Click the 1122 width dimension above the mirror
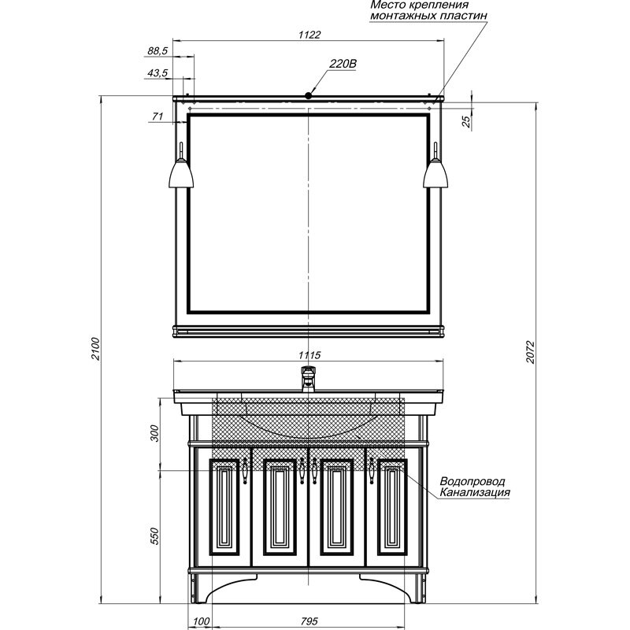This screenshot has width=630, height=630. tap(309, 35)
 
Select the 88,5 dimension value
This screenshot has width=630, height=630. tap(157, 51)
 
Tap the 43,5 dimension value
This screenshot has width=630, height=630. tap(157, 73)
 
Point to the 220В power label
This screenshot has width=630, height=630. tap(343, 64)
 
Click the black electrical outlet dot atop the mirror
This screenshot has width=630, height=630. tap(308, 95)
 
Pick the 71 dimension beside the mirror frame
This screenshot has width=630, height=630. tap(157, 116)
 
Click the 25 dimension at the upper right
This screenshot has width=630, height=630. tap(465, 121)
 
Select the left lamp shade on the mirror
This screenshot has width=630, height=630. tap(181, 173)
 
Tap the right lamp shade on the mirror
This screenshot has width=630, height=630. tap(435, 173)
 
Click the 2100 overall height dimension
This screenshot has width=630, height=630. tap(95, 349)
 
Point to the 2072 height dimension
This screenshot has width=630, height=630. tap(531, 352)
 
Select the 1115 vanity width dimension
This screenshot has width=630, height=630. tap(309, 355)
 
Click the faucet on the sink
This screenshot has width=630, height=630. tap(308, 379)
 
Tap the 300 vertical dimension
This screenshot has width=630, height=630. tap(154, 433)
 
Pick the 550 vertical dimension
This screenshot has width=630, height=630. tap(154, 536)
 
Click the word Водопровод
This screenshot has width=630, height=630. tap(472, 481)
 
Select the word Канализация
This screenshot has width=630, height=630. tap(475, 491)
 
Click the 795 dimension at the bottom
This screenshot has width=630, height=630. tap(309, 621)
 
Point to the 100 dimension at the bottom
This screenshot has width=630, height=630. tap(202, 621)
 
